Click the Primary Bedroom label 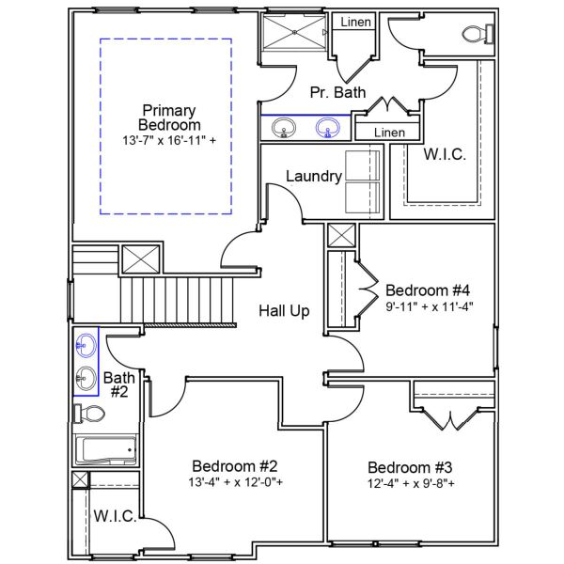[x=169, y=117]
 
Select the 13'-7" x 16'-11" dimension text [x=169, y=141]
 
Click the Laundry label [x=313, y=176]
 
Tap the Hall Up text [x=284, y=311]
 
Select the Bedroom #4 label [x=427, y=289]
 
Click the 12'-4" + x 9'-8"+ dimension [x=411, y=484]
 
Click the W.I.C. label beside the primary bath [x=445, y=154]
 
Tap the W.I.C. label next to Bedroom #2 [x=117, y=516]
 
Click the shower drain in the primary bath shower [x=293, y=31]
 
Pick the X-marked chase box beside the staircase [x=145, y=258]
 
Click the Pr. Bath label [x=337, y=91]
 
